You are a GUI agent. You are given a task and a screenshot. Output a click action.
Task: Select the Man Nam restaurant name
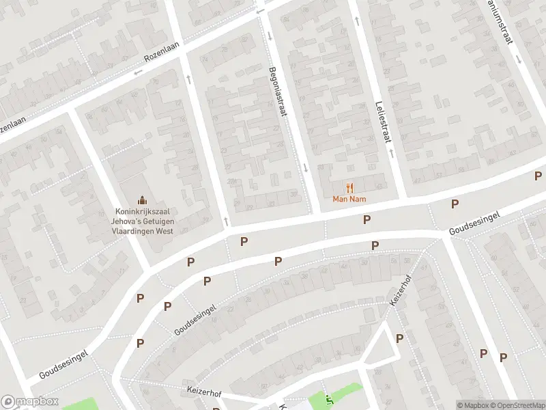pos(349,199)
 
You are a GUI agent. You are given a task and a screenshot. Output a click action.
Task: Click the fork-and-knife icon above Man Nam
pos(349,187)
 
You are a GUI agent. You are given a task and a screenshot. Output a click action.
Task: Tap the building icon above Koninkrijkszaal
pos(142,200)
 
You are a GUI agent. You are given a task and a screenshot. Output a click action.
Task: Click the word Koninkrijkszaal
pos(143,212)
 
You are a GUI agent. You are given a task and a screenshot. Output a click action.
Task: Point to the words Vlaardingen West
pos(143,231)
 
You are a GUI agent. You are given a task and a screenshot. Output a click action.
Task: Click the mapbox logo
pos(29,402)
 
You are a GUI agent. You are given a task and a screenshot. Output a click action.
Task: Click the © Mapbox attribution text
pos(472,405)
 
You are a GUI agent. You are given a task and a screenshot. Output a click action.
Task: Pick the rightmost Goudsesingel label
pos(474,223)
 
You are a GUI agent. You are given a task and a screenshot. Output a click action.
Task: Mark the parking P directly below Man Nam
pos(367,219)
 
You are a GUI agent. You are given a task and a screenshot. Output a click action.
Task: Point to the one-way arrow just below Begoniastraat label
pos(306,167)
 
